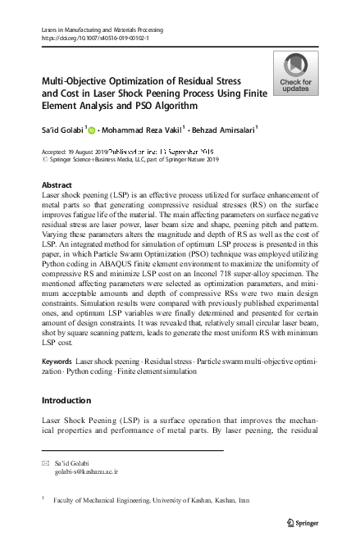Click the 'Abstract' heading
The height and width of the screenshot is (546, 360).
pos(57,186)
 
